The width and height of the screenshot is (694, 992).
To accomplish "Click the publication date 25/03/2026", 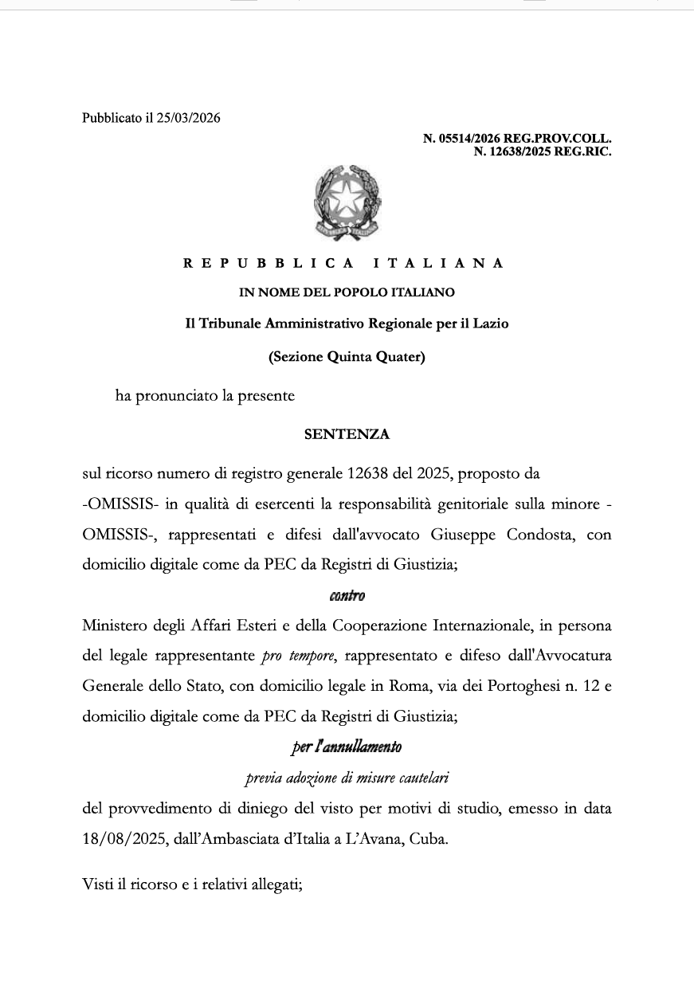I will click(188, 119).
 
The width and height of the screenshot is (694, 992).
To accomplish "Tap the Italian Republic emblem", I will click(347, 202).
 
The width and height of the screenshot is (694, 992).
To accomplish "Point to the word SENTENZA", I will click(347, 435).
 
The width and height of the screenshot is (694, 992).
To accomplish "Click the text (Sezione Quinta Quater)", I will click(347, 357).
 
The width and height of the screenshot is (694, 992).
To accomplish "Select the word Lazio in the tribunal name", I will click(489, 324).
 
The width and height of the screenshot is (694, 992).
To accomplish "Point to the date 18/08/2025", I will click(122, 840).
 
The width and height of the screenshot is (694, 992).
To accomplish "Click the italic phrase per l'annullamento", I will click(347, 747).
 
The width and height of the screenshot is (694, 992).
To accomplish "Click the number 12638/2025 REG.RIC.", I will click(542, 151).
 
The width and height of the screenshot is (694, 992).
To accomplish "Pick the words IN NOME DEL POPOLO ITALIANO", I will click(347, 293).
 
